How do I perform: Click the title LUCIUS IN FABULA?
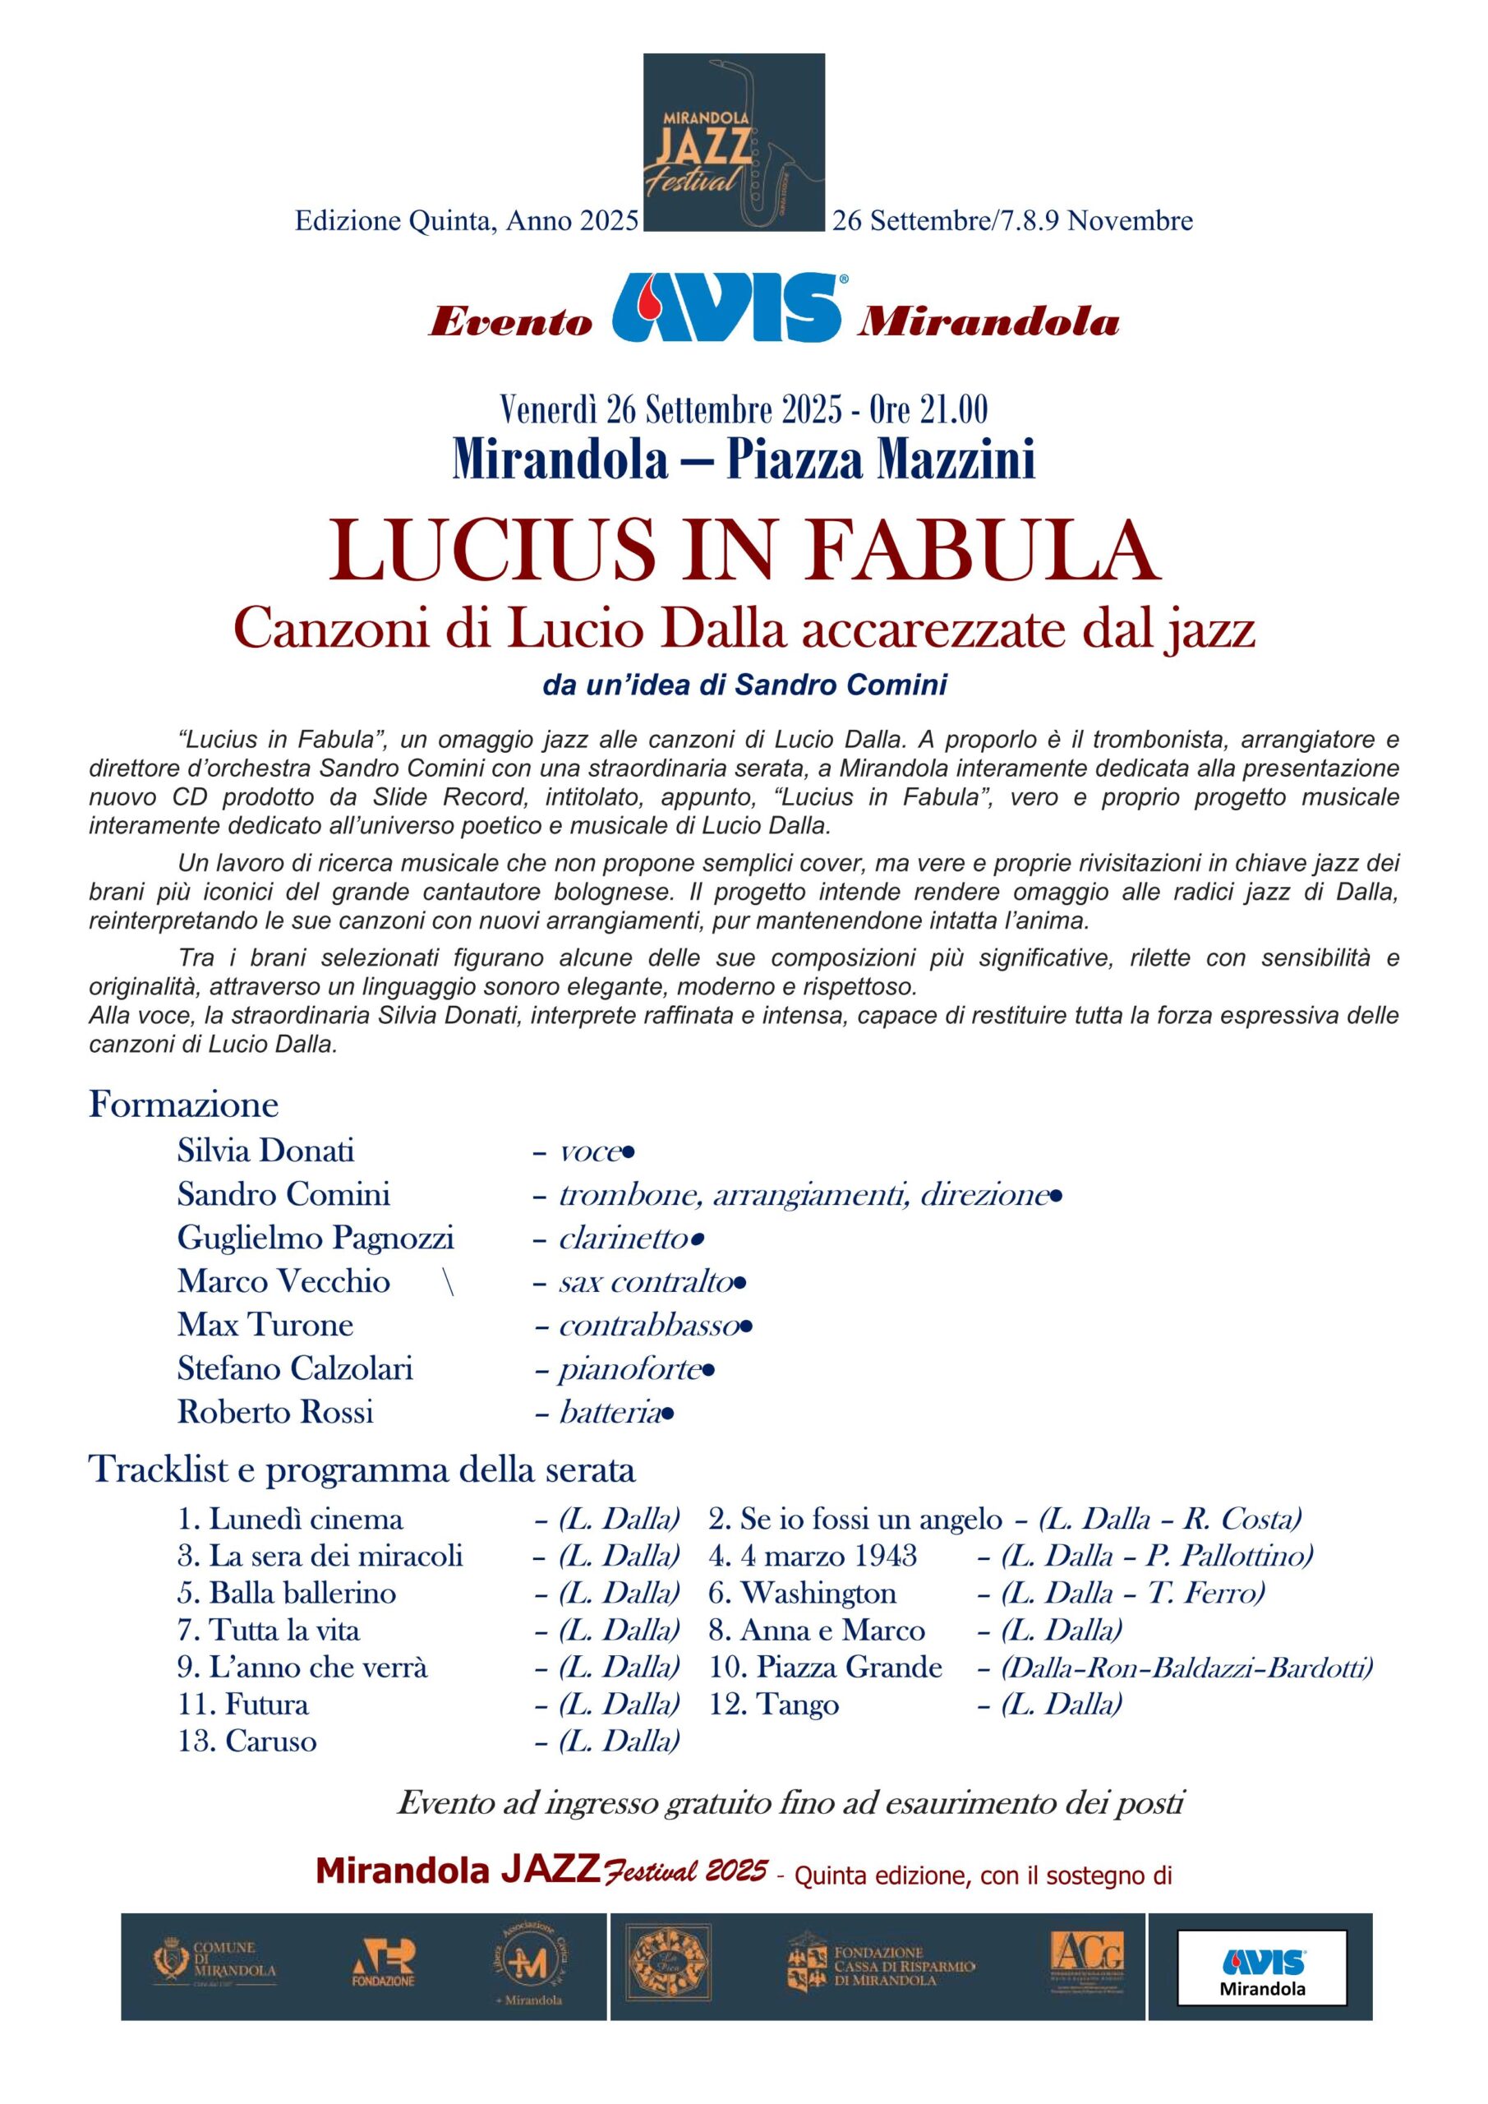point(744,551)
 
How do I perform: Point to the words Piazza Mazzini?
point(881,459)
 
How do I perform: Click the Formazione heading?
point(183,1105)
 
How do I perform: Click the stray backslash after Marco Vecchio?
point(448,1281)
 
